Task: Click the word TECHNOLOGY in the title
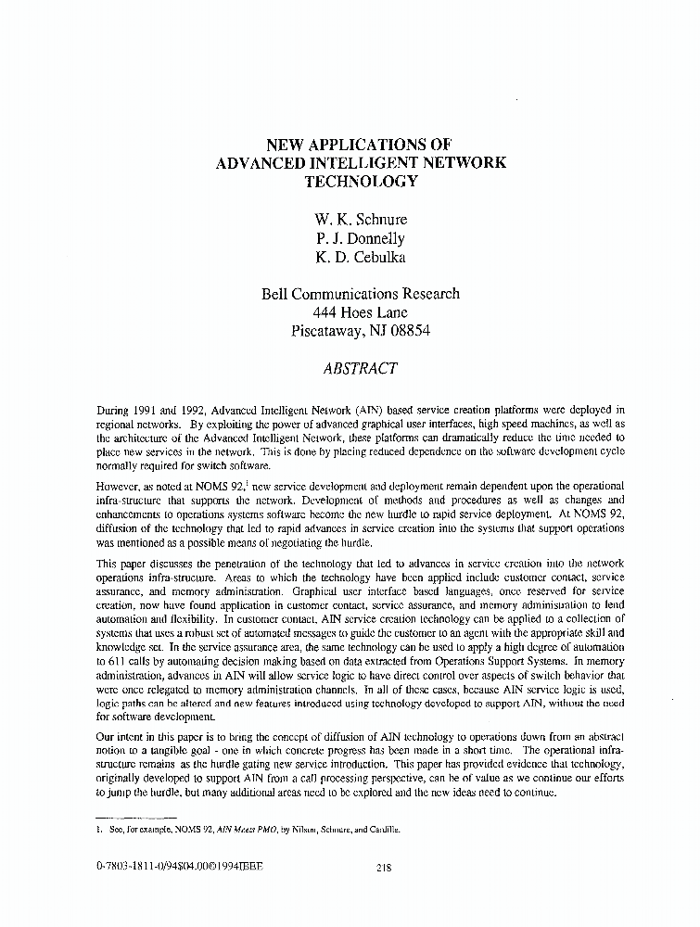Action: pos(361,182)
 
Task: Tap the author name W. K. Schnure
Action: pos(361,220)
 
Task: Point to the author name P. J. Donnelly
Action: pos(361,238)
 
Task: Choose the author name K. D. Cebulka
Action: pos(361,257)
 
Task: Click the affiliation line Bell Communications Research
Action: pos(361,294)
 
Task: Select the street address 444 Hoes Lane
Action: pos(361,312)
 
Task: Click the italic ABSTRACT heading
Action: pos(361,368)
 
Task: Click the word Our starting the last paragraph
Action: pos(108,734)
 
